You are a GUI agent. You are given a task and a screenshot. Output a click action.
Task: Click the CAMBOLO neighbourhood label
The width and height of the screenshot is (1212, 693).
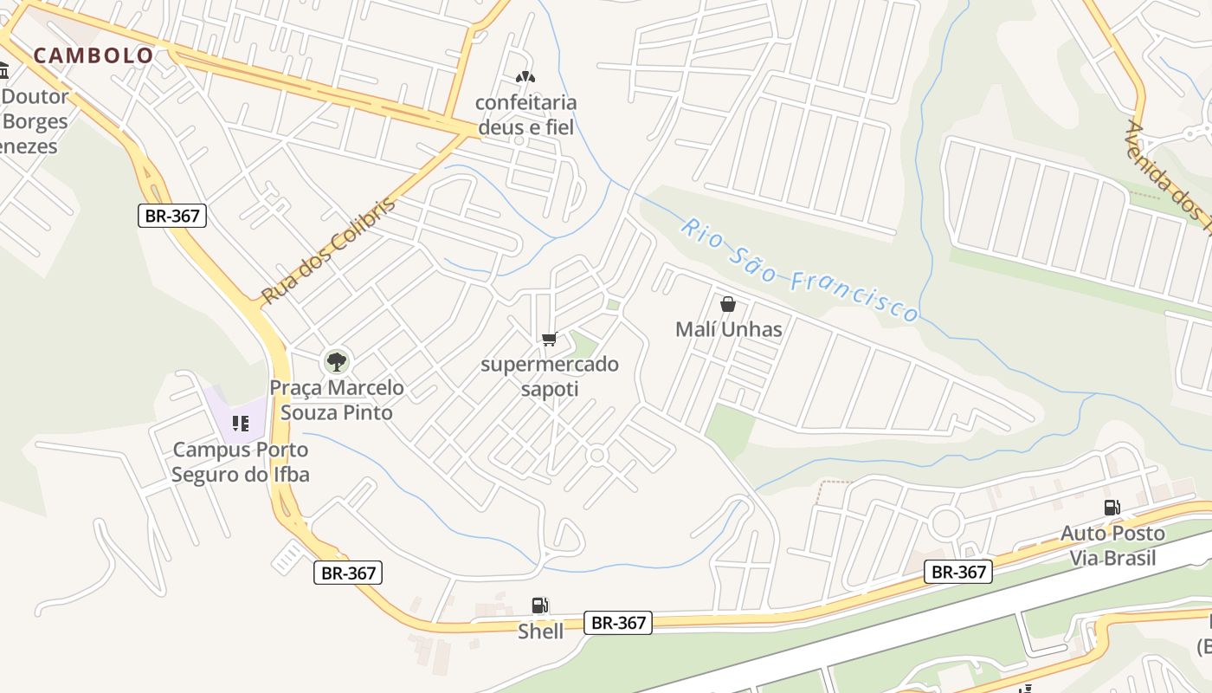pos(93,55)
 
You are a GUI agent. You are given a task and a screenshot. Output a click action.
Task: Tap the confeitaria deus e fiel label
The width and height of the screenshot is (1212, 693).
pos(525,114)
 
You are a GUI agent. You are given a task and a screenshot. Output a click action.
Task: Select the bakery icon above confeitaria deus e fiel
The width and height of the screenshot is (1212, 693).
pos(525,77)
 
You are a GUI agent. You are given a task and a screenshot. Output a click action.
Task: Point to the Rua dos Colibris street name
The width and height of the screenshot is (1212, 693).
pos(328,250)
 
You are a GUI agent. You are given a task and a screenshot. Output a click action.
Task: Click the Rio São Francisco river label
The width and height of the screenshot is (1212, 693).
pos(799,269)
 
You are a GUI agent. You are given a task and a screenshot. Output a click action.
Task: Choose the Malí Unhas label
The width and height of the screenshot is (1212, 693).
pos(728,329)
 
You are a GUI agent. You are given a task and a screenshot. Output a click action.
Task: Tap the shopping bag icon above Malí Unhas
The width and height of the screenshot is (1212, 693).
pos(728,304)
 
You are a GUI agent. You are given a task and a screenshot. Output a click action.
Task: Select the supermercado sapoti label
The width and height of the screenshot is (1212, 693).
pos(550,376)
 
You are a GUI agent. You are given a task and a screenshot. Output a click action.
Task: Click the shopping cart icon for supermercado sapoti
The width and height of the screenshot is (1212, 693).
pos(549,339)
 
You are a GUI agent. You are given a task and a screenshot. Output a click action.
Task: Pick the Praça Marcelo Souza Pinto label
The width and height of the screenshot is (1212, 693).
pos(337,399)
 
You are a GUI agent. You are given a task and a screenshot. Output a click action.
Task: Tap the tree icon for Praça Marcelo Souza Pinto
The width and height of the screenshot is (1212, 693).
pos(336,361)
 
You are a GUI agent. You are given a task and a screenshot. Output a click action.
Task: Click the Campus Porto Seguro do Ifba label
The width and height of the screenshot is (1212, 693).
pos(240,462)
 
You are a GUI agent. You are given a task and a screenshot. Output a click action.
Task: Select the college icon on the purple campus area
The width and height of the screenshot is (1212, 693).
pos(240,424)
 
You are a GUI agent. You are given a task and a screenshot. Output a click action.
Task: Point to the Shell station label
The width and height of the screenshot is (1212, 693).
pos(540,631)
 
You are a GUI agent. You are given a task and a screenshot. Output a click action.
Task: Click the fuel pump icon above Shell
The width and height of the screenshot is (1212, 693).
pos(539,606)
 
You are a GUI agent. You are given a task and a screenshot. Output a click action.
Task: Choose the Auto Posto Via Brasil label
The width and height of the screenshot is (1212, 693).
pos(1112,545)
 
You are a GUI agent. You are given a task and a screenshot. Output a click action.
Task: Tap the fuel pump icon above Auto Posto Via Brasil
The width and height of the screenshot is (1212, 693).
pos(1112,508)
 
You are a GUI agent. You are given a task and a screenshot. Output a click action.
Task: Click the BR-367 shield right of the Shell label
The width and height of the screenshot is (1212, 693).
pos(617,622)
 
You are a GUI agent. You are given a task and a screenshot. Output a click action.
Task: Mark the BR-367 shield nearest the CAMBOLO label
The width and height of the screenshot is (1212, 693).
pos(172,216)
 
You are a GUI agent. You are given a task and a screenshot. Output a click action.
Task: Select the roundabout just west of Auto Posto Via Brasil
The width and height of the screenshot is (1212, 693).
pos(945,523)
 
